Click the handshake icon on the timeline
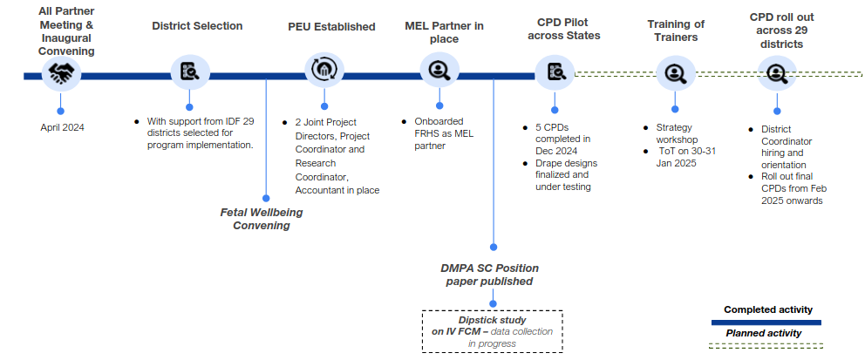click(x=61, y=73)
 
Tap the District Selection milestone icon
click(x=190, y=71)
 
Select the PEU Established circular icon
click(x=324, y=69)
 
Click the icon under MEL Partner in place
click(x=439, y=70)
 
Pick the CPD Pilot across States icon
click(x=555, y=71)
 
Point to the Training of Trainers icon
click(x=675, y=71)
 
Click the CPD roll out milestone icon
click(x=777, y=72)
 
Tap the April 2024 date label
click(x=62, y=127)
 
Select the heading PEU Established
click(x=331, y=26)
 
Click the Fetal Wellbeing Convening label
click(x=262, y=219)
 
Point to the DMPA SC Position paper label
click(x=489, y=275)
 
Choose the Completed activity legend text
click(x=768, y=309)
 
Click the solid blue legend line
click(x=766, y=323)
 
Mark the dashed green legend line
click(x=766, y=346)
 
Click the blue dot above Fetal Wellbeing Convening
click(x=266, y=198)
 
